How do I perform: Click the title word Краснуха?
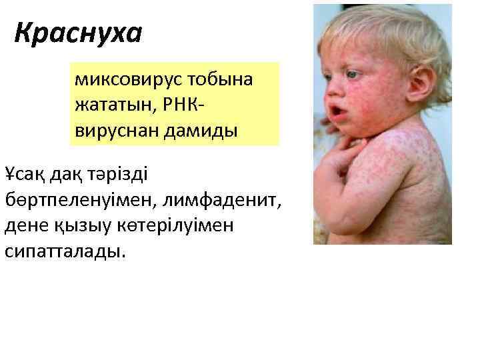[x=79, y=33]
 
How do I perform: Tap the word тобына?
[x=223, y=81]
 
